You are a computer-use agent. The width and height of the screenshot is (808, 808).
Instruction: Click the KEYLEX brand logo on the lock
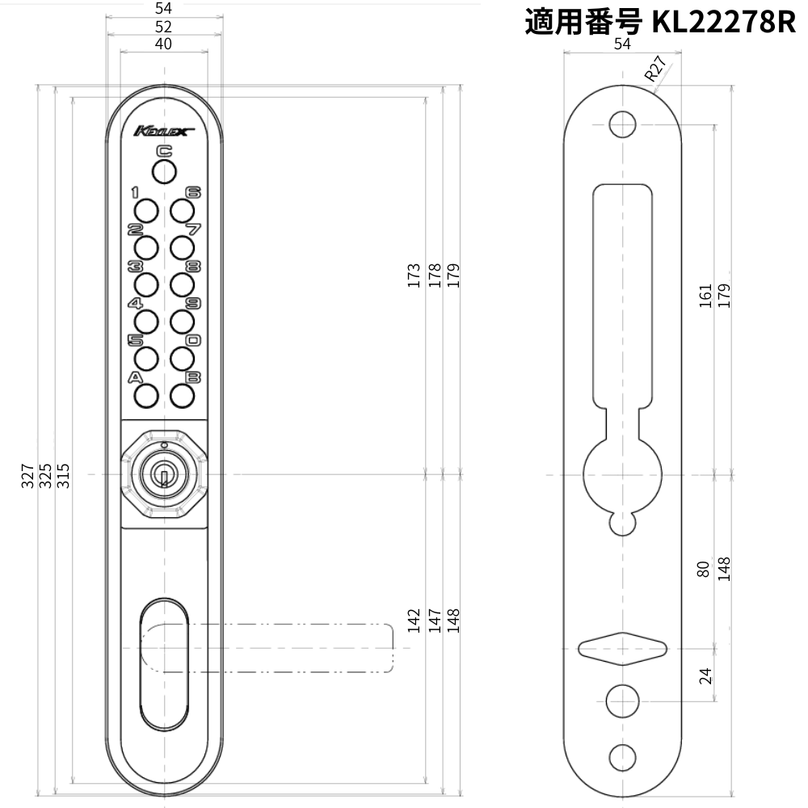click(x=162, y=131)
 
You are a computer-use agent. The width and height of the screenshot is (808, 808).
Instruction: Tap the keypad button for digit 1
click(x=145, y=211)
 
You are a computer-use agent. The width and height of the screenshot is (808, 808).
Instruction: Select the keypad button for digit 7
click(x=183, y=246)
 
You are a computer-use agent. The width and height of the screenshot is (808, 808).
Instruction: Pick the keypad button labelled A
click(x=145, y=395)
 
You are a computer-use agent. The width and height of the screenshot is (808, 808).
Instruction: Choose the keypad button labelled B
click(x=183, y=395)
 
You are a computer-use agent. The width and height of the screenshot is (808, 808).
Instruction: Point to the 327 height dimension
click(x=28, y=477)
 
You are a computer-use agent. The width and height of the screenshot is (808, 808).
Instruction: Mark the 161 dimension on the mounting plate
click(x=705, y=295)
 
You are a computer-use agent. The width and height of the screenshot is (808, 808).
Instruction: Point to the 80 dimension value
click(x=705, y=570)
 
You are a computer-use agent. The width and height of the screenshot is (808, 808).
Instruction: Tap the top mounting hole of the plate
click(x=621, y=124)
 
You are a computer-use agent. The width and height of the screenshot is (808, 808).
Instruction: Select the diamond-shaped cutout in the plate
click(x=621, y=648)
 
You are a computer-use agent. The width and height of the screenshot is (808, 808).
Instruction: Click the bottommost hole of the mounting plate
click(x=621, y=757)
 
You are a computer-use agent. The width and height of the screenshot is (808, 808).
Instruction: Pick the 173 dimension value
click(x=415, y=276)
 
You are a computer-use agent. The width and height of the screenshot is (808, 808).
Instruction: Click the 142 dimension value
click(x=415, y=621)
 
